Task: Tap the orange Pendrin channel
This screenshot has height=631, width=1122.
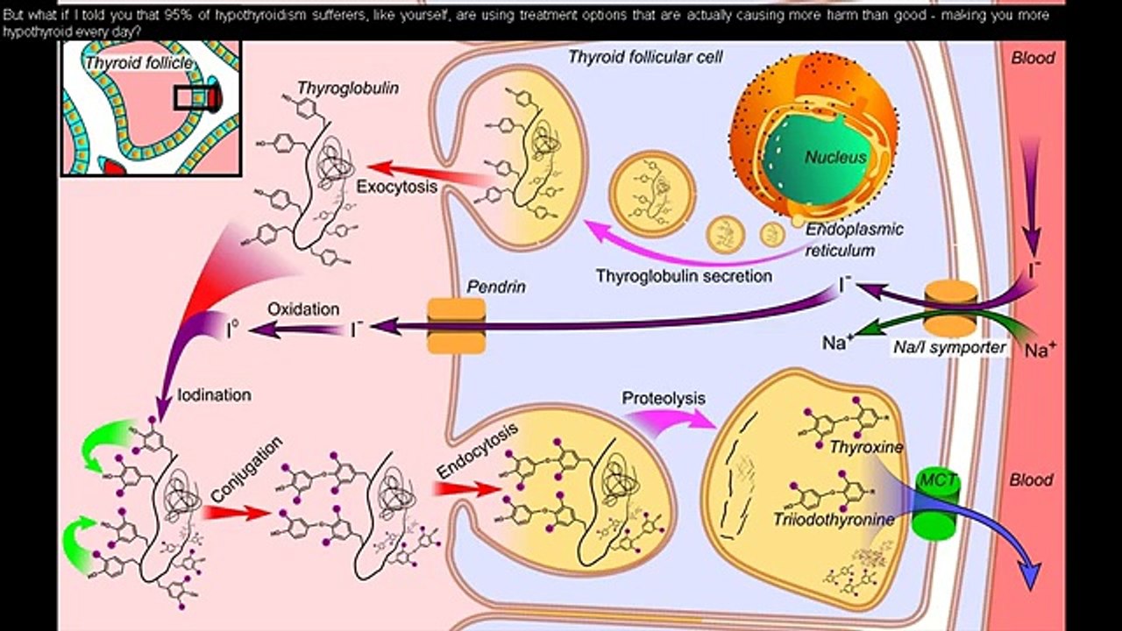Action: pos(456,325)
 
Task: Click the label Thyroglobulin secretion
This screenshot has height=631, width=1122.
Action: pos(684,276)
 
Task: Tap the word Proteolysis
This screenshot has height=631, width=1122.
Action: pos(664,398)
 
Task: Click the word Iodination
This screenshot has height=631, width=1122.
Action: pos(214,395)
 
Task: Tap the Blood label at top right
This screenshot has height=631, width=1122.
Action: pos(1033,59)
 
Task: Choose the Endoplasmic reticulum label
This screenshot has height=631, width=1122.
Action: pos(854,239)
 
